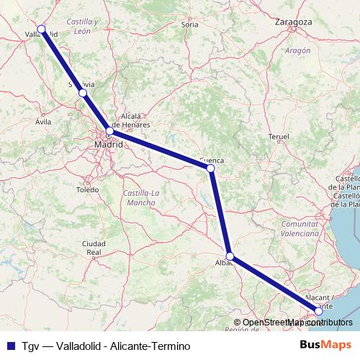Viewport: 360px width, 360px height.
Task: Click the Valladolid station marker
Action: click(x=42, y=30)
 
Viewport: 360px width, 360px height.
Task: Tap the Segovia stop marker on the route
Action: click(x=83, y=93)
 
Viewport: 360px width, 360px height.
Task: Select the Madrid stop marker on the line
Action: click(x=109, y=132)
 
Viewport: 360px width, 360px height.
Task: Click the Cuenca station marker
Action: click(x=210, y=168)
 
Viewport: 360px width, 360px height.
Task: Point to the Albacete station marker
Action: click(x=230, y=256)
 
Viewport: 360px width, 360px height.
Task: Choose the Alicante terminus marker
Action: click(x=318, y=312)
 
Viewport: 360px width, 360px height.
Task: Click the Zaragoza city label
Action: click(x=293, y=22)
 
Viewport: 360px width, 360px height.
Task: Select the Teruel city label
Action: click(x=277, y=136)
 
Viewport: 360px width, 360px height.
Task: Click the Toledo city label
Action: click(x=87, y=189)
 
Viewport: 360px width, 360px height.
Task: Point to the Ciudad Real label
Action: click(x=94, y=248)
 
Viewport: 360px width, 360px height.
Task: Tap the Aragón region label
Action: click(x=297, y=50)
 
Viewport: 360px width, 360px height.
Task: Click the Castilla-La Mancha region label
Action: click(x=144, y=198)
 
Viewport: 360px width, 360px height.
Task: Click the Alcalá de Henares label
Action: click(x=135, y=120)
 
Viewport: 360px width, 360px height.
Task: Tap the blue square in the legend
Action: click(x=9, y=346)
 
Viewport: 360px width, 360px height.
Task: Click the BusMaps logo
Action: click(x=325, y=346)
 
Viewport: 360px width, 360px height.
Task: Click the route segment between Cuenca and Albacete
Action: click(x=220, y=212)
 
